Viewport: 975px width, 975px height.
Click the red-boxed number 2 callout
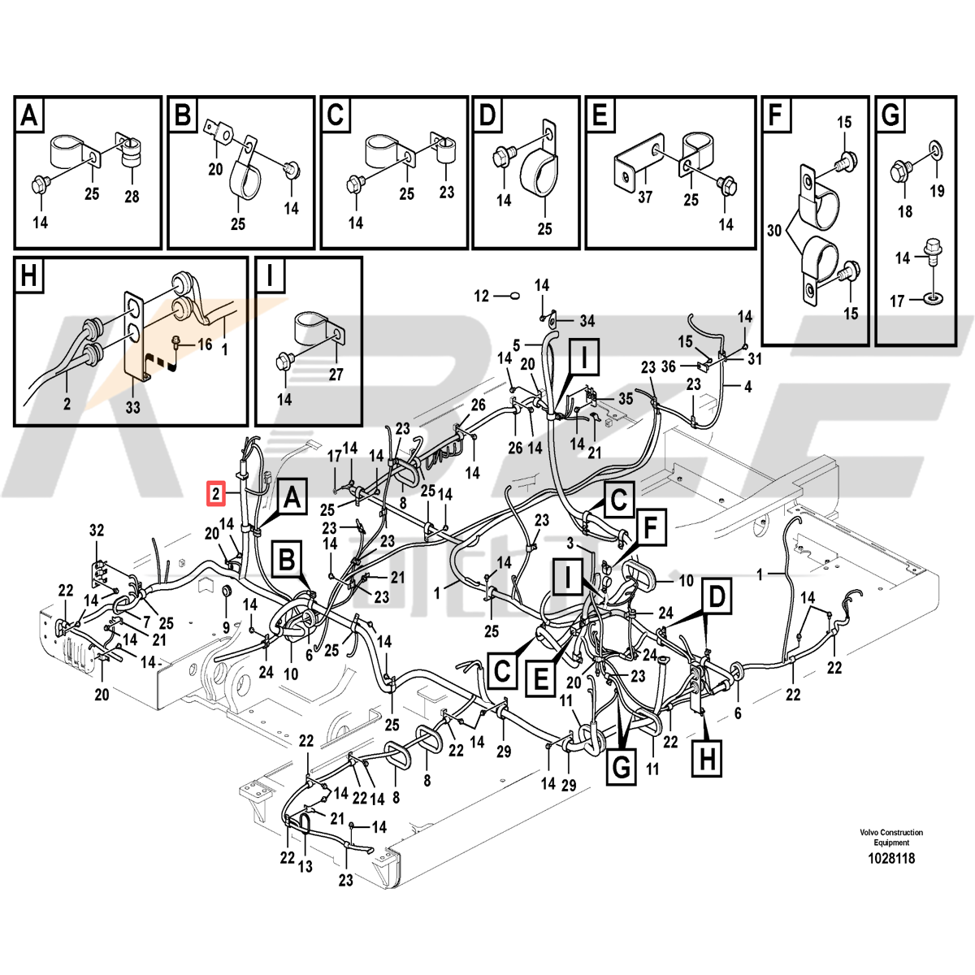tap(215, 492)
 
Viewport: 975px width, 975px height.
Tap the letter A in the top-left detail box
tap(29, 116)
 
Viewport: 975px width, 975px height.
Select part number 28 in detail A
tap(132, 197)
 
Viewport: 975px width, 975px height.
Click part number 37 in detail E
tap(644, 197)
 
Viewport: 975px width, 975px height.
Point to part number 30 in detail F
tap(773, 231)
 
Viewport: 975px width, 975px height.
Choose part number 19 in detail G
tap(937, 192)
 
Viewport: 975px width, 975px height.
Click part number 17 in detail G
tap(896, 301)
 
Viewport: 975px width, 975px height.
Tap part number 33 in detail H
tap(132, 406)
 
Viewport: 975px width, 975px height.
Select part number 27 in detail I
tap(336, 375)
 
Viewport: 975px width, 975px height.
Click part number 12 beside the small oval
tap(481, 297)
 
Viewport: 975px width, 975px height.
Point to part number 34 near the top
tap(587, 321)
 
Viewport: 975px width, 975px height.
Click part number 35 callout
tap(625, 399)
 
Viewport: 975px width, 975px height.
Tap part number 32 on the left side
tap(97, 531)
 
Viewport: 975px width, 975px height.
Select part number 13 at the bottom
tap(305, 867)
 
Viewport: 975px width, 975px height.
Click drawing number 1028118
tap(891, 858)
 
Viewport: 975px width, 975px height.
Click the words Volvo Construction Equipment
tap(891, 837)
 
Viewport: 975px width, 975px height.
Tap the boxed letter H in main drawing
tap(708, 759)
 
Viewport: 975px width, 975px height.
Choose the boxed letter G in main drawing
tap(622, 766)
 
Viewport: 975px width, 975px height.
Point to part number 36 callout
tap(668, 366)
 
